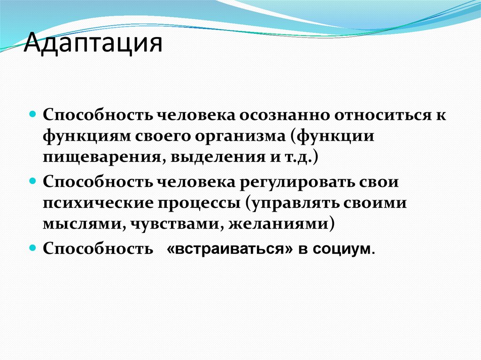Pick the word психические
(93, 203)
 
